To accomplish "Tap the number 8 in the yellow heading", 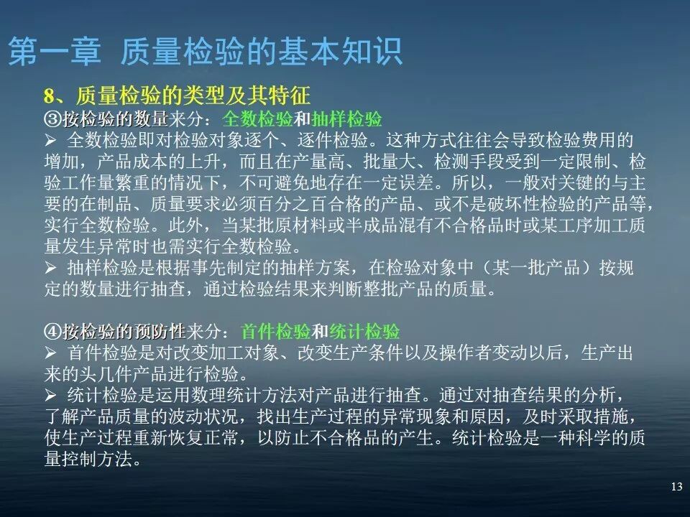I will coord(49,96).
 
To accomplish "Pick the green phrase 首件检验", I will coord(276,331).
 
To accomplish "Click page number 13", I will coord(676,488).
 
